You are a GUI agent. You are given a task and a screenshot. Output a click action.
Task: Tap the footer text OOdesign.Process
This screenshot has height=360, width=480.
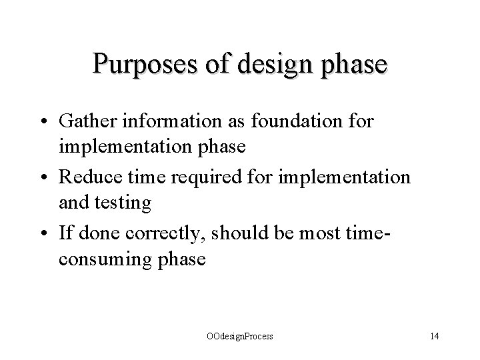click(x=239, y=337)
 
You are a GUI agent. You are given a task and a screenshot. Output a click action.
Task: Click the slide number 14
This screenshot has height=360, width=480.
click(x=435, y=337)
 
